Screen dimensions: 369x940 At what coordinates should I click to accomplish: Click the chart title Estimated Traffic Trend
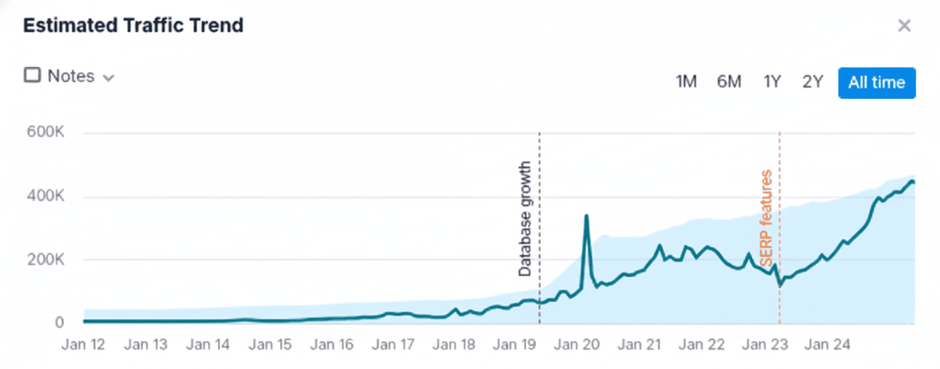[x=133, y=25]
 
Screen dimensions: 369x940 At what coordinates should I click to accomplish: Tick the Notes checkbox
[x=32, y=76]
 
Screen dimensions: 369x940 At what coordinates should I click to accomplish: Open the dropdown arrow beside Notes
[x=108, y=78]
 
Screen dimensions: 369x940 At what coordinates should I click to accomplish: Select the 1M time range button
[x=686, y=82]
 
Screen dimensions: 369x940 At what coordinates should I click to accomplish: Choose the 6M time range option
[x=729, y=82]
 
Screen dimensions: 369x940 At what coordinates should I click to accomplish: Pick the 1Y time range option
[x=772, y=82]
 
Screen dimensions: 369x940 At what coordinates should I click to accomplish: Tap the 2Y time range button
[x=813, y=82]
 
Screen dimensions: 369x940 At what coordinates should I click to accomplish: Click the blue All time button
[x=877, y=83]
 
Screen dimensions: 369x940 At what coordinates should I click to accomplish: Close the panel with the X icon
[x=904, y=25]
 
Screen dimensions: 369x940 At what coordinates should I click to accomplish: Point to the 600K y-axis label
[x=46, y=132]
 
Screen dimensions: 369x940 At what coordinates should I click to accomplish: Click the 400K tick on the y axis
[x=46, y=196]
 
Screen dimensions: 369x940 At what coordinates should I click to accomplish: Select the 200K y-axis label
[x=46, y=259]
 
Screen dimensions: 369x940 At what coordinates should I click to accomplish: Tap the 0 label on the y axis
[x=59, y=322]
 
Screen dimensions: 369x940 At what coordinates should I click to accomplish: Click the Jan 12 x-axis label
[x=84, y=345]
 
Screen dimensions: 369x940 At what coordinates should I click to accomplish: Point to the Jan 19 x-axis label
[x=514, y=345]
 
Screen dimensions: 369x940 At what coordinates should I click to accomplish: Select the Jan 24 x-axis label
[x=827, y=345]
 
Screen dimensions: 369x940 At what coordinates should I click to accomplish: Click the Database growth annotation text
[x=524, y=219]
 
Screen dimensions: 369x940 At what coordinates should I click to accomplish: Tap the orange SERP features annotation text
[x=765, y=218]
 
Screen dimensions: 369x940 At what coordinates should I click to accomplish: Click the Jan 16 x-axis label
[x=332, y=345]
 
